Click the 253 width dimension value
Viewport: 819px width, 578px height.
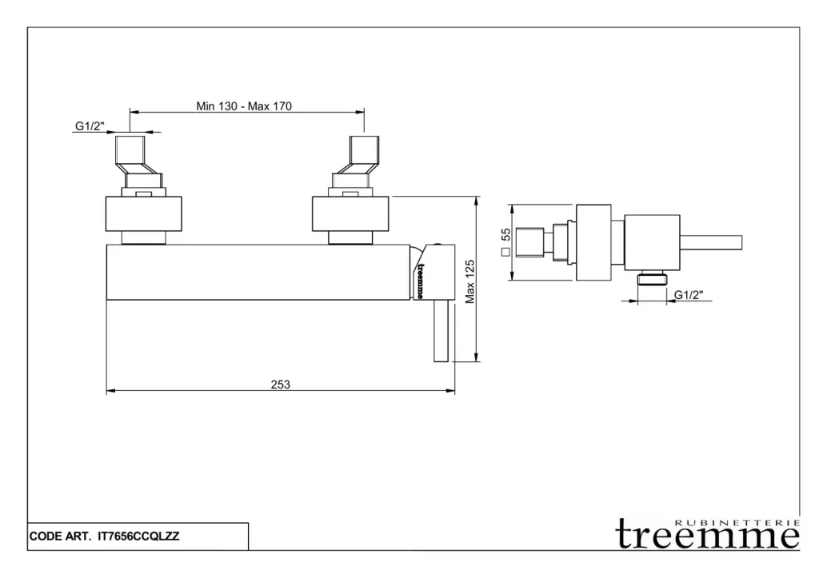pyautogui.click(x=280, y=385)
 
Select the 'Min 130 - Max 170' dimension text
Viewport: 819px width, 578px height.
pyautogui.click(x=244, y=106)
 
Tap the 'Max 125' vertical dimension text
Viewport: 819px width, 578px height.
pyautogui.click(x=471, y=281)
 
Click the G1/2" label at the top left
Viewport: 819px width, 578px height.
pyautogui.click(x=90, y=126)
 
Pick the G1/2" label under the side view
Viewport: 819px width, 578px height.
pyautogui.click(x=688, y=295)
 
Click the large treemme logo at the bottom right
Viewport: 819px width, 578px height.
pyautogui.click(x=708, y=536)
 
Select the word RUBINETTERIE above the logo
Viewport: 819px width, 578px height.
pyautogui.click(x=737, y=521)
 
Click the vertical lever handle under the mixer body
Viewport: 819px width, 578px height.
pyautogui.click(x=441, y=331)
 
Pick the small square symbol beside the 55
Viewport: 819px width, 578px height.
pyautogui.click(x=505, y=252)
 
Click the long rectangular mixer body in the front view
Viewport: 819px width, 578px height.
pyautogui.click(x=260, y=273)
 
